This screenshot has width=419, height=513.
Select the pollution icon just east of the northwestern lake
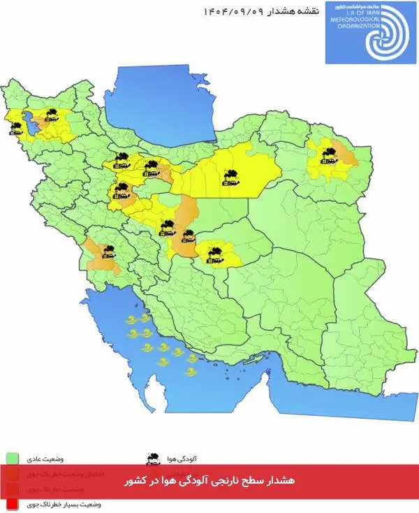[50, 115]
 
